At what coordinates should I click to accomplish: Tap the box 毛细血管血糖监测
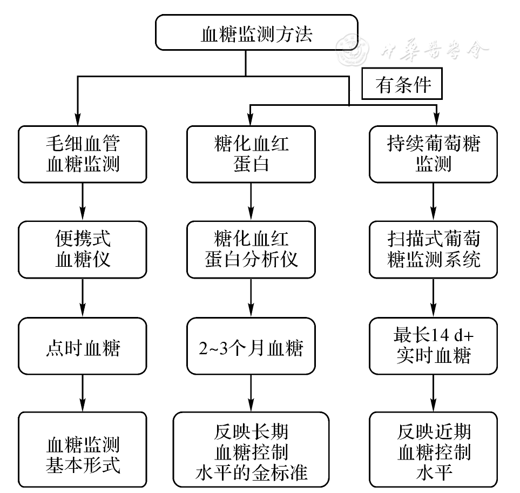pyautogui.click(x=83, y=154)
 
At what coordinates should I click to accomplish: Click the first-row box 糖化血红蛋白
pyautogui.click(x=251, y=154)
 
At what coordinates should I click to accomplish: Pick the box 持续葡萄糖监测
pyautogui.click(x=433, y=154)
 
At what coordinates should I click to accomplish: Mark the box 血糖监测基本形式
pyautogui.click(x=83, y=448)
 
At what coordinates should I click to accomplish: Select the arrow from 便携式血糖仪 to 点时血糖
pyautogui.click(x=83, y=298)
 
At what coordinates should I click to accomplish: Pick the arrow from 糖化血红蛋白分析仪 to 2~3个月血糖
pyautogui.click(x=251, y=298)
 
